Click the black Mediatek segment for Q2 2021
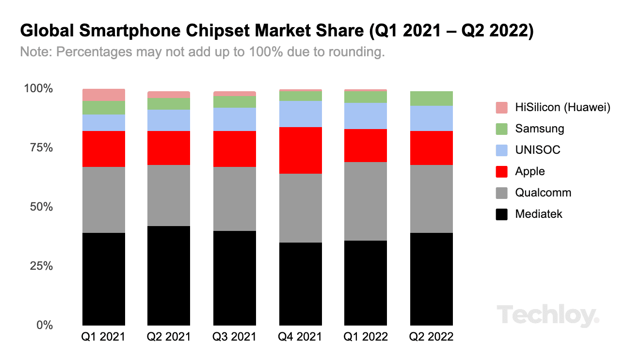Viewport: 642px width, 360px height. point(169,275)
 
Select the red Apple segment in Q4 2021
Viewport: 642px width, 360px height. point(300,150)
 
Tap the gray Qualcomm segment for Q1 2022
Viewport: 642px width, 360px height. point(366,201)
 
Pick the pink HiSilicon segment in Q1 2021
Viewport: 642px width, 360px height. point(104,95)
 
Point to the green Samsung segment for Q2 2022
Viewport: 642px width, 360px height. point(431,98)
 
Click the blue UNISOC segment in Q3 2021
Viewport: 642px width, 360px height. point(235,119)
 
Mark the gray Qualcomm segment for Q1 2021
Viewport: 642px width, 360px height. point(104,199)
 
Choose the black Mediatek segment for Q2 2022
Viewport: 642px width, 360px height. point(431,278)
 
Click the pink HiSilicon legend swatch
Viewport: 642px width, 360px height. point(502,108)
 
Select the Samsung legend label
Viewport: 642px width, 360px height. point(539,129)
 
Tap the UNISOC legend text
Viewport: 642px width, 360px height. point(537,150)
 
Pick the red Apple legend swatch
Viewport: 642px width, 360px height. point(502,172)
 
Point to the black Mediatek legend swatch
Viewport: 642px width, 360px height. point(502,214)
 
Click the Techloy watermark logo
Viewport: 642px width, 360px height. point(547,316)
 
